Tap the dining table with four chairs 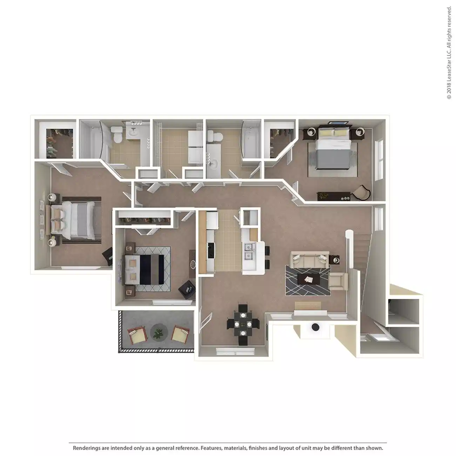pyautogui.click(x=242, y=324)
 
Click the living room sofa pyautogui.click(x=309, y=260)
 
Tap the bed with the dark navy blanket pyautogui.click(x=147, y=269)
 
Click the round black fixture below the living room pyautogui.click(x=315, y=327)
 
